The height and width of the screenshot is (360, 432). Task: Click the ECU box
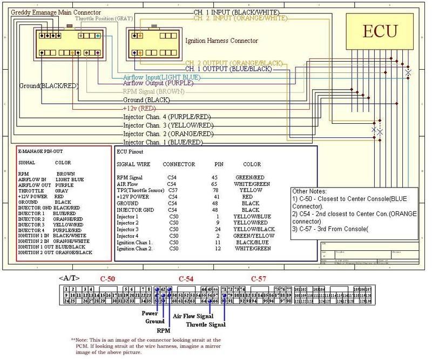point(379,31)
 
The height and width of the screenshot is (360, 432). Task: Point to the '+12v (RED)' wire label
point(142,108)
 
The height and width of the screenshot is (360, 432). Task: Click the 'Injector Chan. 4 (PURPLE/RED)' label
point(166,117)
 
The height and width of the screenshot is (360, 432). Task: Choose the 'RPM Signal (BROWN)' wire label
point(153,92)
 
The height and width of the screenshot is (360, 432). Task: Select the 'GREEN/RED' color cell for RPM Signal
point(249,177)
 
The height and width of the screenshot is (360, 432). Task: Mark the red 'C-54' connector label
point(173,278)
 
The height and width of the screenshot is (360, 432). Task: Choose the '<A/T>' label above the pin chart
point(69,278)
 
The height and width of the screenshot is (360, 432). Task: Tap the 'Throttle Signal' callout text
point(205,325)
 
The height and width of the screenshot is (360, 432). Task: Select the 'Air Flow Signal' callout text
point(193,317)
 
